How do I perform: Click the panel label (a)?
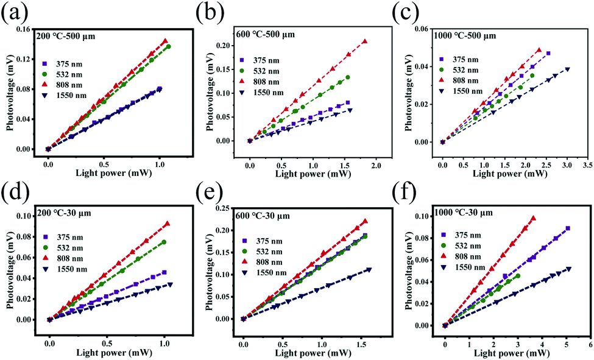[13, 13]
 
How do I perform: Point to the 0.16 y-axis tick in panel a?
[29, 29]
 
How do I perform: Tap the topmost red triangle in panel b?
[364, 41]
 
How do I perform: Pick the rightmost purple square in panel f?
[568, 228]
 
